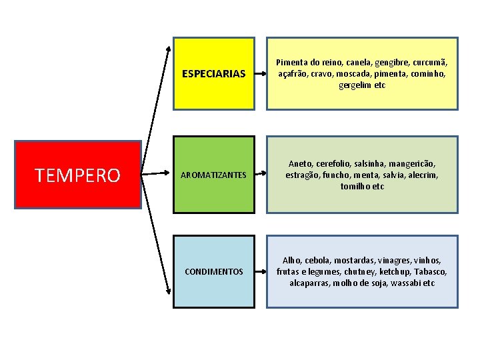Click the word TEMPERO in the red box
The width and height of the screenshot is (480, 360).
pyautogui.click(x=77, y=175)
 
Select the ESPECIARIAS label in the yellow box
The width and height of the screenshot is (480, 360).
pyautogui.click(x=214, y=73)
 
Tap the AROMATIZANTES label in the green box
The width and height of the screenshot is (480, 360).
pyautogui.click(x=214, y=175)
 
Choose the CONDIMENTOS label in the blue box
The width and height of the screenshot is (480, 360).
pyautogui.click(x=214, y=272)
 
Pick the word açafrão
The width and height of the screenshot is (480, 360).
pyautogui.click(x=294, y=73)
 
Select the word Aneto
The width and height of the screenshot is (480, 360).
pyautogui.click(x=301, y=163)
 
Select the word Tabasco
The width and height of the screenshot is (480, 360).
pyautogui.click(x=431, y=272)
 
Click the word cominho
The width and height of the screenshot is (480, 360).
pyautogui.click(x=427, y=73)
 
